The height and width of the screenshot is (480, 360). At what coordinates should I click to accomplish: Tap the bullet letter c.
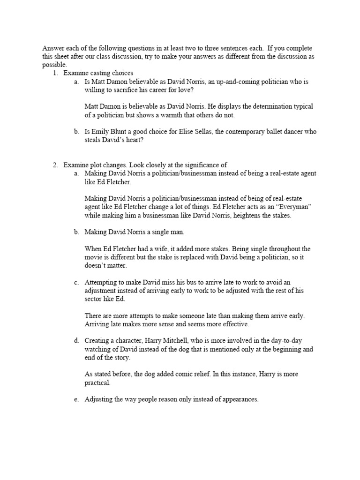pos(76,283)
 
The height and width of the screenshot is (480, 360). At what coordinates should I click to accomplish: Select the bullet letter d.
pos(76,341)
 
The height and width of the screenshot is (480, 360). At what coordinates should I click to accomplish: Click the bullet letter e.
pos(76,400)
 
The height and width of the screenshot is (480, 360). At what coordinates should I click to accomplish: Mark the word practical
pos(97,383)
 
